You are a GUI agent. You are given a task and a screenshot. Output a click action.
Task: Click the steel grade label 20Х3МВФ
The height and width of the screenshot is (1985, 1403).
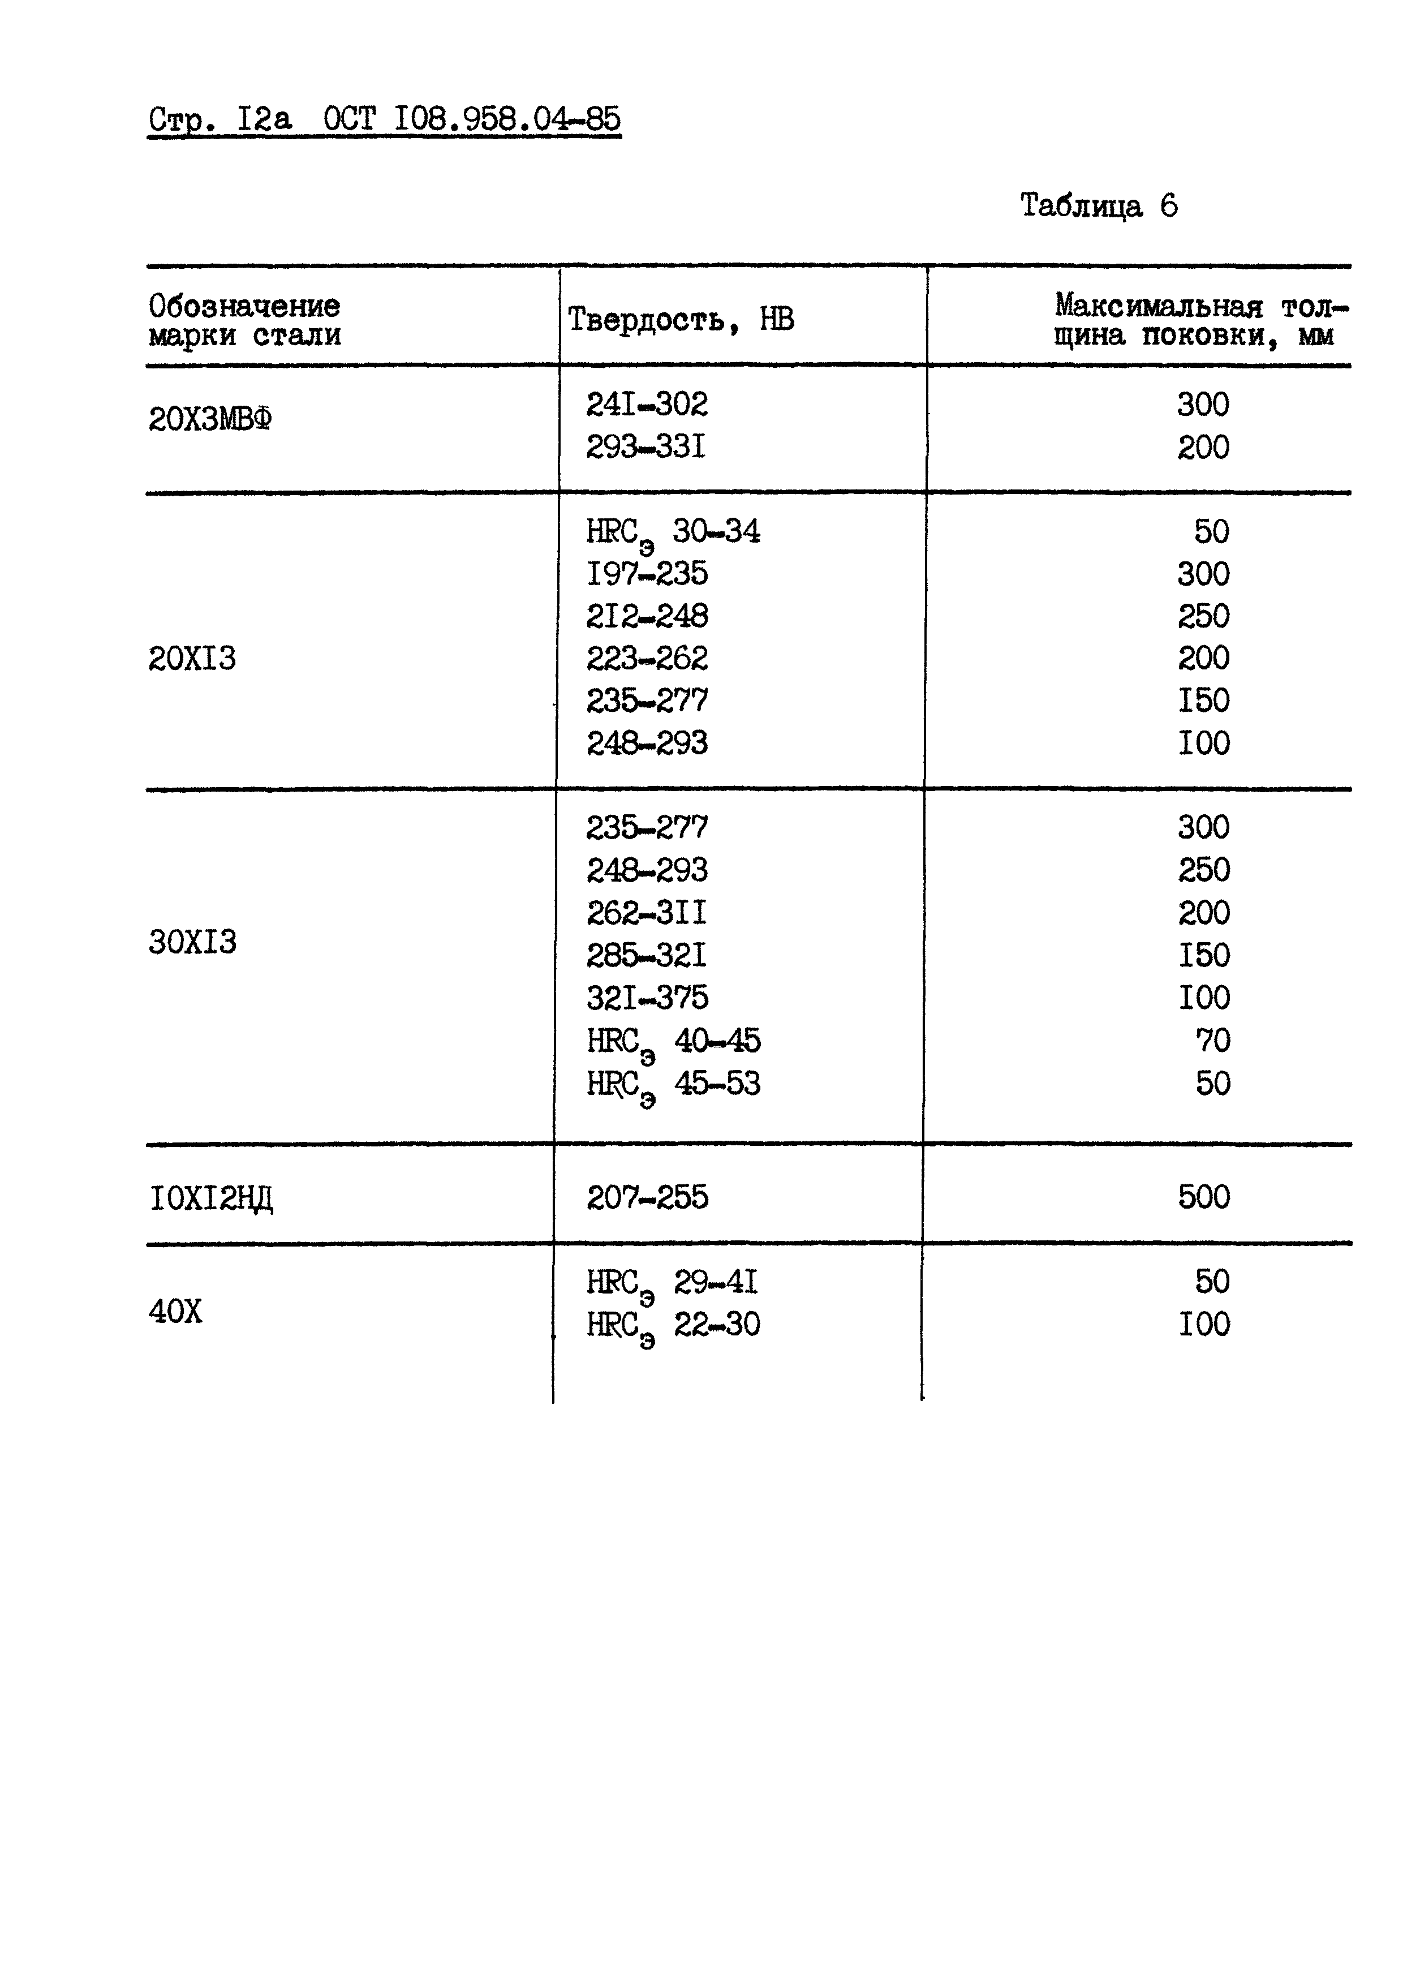210,420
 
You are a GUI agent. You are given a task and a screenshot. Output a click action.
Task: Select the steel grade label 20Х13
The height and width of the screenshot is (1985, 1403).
192,659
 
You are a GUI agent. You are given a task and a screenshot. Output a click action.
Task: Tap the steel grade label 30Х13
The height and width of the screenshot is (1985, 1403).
192,942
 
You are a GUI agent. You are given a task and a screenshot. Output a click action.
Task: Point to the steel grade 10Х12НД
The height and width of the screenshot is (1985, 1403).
212,1199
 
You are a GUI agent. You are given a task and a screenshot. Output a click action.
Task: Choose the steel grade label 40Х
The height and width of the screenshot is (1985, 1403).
175,1312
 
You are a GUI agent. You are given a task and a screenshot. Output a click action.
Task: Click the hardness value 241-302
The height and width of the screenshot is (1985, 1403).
647,405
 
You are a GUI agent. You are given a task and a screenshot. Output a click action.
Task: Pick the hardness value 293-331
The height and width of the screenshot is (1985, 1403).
645,447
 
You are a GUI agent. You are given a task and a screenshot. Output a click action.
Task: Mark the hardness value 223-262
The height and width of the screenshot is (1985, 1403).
647,659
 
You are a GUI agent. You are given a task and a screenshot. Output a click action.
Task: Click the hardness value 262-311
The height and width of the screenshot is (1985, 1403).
647,913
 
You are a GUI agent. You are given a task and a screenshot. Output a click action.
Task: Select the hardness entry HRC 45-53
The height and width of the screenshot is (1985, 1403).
673,1085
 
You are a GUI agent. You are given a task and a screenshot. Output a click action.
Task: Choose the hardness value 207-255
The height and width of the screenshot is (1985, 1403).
647,1197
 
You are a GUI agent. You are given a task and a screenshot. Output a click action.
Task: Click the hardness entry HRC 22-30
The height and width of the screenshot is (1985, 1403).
673,1325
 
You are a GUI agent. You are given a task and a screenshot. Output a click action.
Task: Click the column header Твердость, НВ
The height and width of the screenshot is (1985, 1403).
681,320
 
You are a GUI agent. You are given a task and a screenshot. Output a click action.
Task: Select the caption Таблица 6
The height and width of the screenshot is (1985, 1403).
1098,206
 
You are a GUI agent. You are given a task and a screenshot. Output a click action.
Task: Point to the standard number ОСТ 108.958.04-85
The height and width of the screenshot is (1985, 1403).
472,118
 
